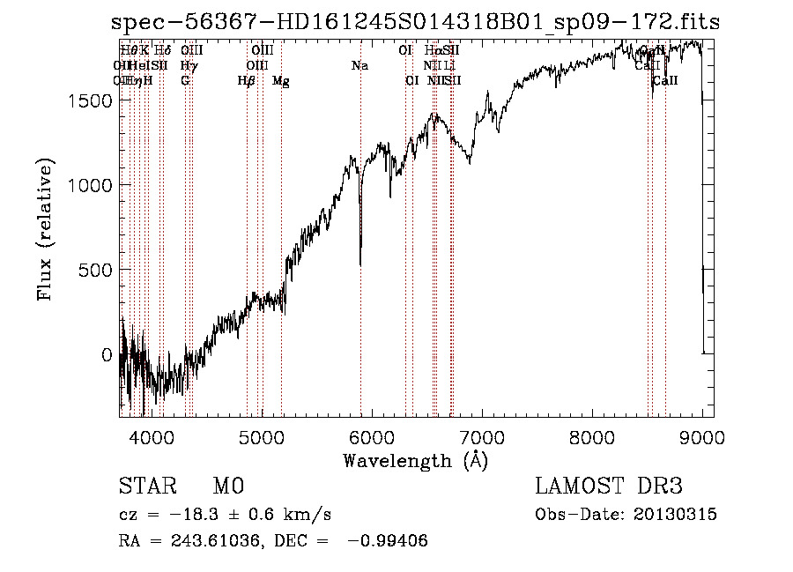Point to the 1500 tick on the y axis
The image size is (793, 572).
[92, 101]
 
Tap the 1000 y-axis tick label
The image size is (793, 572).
[92, 185]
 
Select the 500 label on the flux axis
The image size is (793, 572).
[98, 270]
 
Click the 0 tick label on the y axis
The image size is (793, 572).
[107, 354]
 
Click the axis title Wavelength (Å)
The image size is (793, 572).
[415, 460]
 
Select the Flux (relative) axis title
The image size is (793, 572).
[45, 229]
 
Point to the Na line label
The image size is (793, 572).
[359, 65]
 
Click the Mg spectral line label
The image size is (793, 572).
[281, 81]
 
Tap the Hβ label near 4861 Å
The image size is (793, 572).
[247, 81]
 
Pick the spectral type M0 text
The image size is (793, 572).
[227, 487]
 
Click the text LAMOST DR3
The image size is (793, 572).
[608, 487]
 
